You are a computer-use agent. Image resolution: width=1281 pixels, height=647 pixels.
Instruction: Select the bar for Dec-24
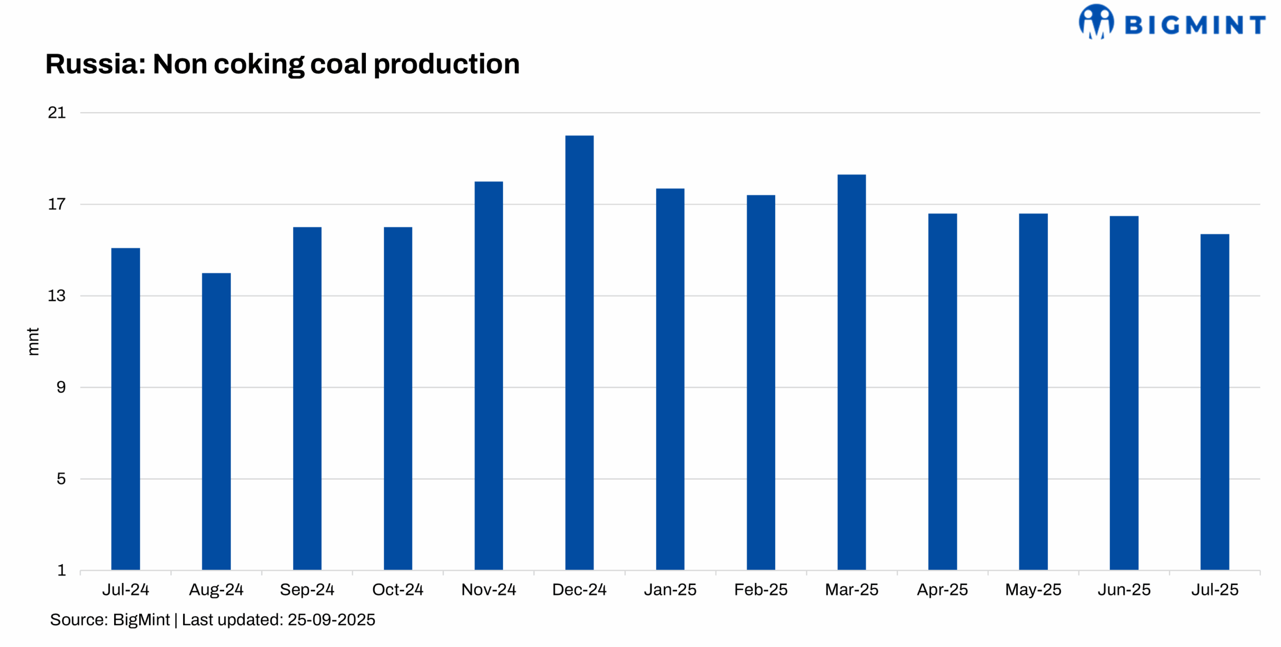pos(579,352)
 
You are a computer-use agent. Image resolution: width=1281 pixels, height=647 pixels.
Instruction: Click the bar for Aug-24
pos(216,421)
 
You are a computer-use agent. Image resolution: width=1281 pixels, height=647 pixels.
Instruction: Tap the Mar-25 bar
pos(851,372)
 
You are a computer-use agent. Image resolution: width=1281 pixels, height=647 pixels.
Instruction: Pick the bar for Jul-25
pos(1214,402)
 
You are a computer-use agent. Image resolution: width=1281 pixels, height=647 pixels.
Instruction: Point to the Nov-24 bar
pos(488,375)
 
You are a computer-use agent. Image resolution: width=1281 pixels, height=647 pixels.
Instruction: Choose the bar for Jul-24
pos(126,409)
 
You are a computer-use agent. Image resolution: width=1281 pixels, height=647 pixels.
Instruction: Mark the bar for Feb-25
pos(761,382)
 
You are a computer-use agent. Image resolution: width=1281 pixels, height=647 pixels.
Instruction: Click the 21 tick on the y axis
pos(57,113)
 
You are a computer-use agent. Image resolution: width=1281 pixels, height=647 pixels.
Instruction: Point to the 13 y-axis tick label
pos(57,296)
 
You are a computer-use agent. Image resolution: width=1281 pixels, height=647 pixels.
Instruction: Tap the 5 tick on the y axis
pos(61,479)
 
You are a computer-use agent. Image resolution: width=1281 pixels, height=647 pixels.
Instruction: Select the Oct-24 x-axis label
pos(398,589)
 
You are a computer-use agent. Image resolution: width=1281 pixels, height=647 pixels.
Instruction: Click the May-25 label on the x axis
pos(1033,589)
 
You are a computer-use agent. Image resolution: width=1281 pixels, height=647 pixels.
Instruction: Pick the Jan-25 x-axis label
pos(670,589)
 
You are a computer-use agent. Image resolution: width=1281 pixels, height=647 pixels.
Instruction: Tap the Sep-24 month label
pos(307,589)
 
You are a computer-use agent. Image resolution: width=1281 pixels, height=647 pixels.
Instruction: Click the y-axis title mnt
pos(33,342)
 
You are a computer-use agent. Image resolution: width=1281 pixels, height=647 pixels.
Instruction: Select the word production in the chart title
pos(446,65)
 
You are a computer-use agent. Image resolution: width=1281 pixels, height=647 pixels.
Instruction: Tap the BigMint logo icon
pos(1096,22)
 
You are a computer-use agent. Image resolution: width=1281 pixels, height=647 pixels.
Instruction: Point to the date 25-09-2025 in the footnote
pos(331,619)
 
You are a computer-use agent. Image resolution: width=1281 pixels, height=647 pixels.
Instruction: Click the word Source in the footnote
pos(78,619)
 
